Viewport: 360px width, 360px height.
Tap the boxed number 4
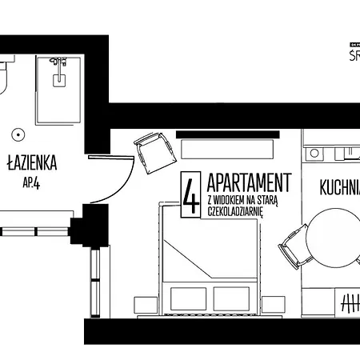tap(191, 196)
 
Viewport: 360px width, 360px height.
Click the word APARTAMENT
tap(249, 181)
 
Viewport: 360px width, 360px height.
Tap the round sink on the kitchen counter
tap(314, 152)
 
